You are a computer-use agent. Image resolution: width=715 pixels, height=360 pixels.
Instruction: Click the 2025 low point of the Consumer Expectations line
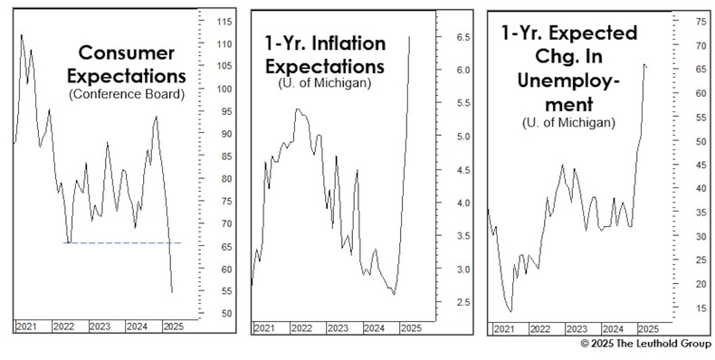(172, 292)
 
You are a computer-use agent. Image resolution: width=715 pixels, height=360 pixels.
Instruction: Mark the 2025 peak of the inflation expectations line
(409, 36)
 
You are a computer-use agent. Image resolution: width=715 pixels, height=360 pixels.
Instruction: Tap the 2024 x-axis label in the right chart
(613, 327)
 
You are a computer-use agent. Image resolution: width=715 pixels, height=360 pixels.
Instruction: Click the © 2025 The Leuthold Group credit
(646, 346)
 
